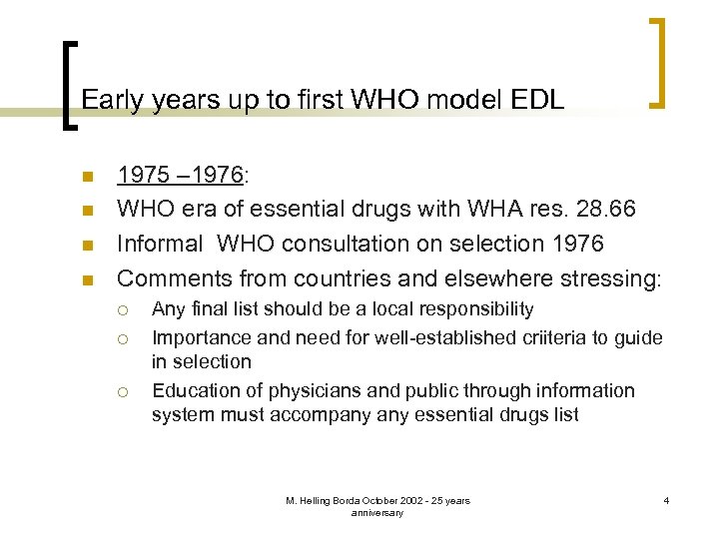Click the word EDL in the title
[x=538, y=99]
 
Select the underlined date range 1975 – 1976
[x=180, y=176]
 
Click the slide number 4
[x=664, y=500]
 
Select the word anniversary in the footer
[x=377, y=512]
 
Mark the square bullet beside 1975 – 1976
[x=87, y=177]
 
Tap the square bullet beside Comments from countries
[x=87, y=278]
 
